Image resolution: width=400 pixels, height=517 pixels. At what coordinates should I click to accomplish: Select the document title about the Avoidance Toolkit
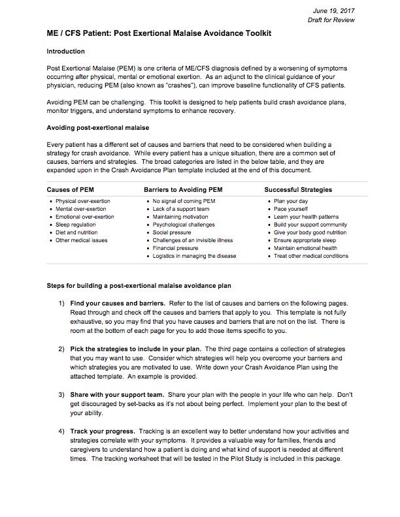tap(159, 33)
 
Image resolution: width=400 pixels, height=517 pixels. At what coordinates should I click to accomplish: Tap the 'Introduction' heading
tap(66, 51)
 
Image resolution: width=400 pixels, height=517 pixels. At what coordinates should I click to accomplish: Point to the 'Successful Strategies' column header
tap(298, 189)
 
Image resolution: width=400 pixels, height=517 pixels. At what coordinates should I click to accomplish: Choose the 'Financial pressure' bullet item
tap(175, 249)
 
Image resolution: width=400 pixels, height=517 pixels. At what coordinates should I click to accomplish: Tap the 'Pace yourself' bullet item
tap(292, 208)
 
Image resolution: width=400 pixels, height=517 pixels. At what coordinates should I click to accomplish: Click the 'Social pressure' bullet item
tap(173, 232)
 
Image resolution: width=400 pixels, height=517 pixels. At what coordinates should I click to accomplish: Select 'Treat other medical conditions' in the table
tap(310, 256)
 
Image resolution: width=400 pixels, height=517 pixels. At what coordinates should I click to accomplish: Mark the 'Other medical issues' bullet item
tap(82, 240)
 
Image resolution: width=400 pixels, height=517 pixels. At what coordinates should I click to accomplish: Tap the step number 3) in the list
tap(61, 396)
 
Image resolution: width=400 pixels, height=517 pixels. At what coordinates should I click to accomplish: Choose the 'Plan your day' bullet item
tap(291, 200)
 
